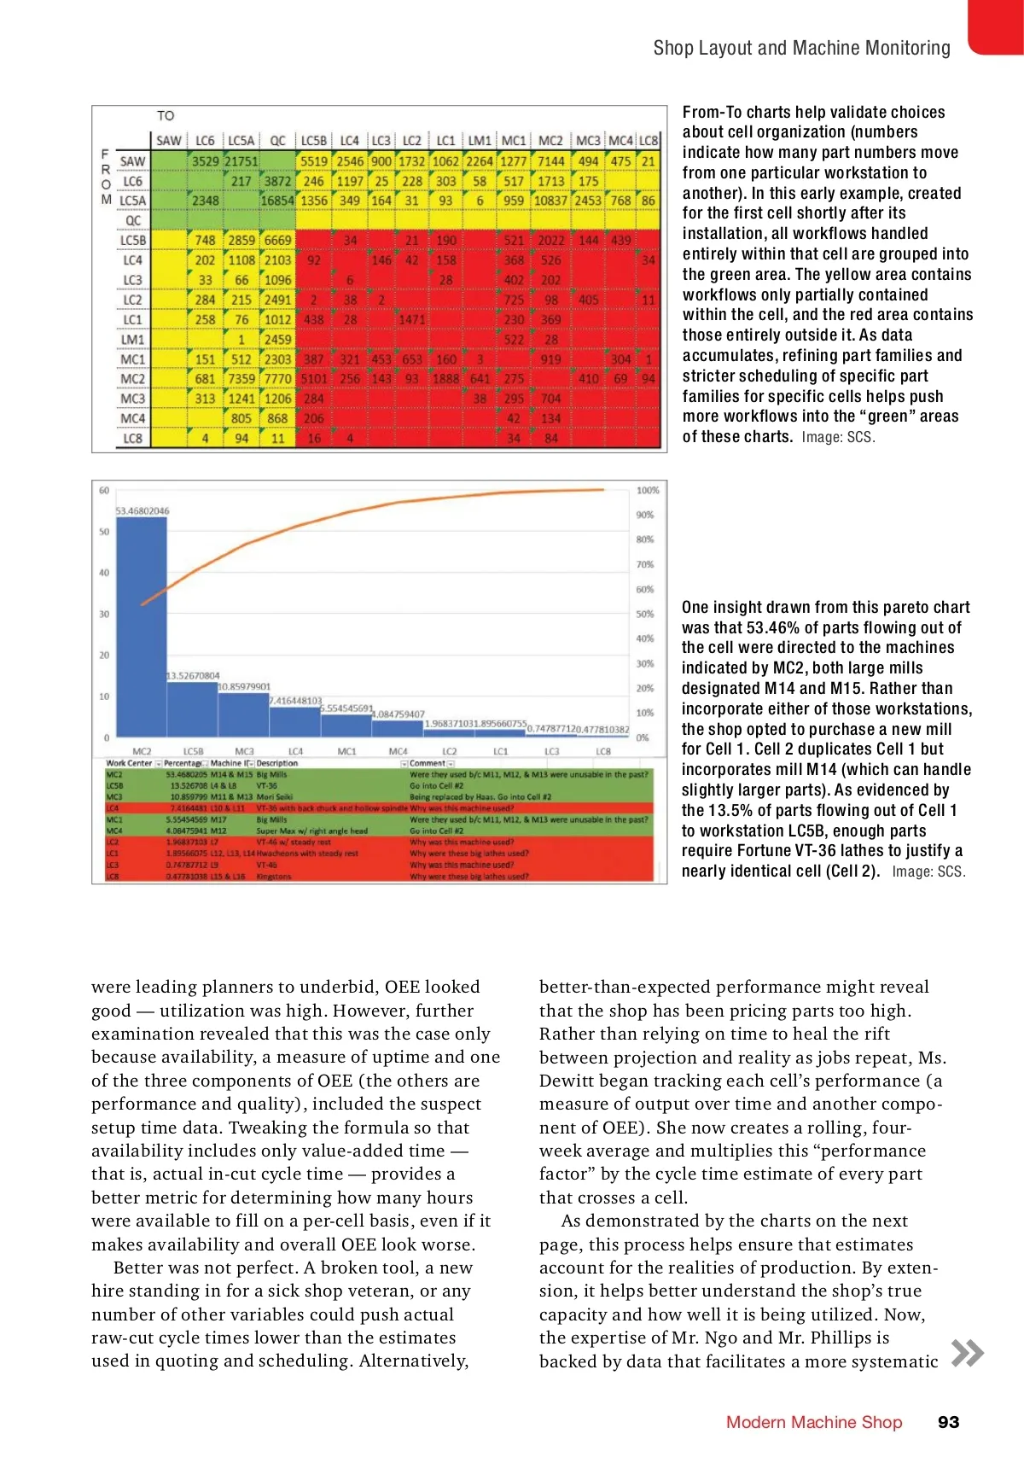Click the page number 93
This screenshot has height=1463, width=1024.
pos(948,1422)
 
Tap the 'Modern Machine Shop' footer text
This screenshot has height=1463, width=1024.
pos(813,1422)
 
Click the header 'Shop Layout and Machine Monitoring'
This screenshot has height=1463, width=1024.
pos(801,48)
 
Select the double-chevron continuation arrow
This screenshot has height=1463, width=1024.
pos(967,1353)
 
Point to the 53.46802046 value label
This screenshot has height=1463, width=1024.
pos(143,510)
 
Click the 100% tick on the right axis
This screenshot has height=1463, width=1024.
pos(648,491)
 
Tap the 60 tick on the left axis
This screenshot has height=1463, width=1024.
pos(104,491)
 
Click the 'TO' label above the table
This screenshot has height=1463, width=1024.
pos(166,115)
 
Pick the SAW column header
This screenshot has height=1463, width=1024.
pos(169,141)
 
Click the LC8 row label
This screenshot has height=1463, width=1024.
pos(132,439)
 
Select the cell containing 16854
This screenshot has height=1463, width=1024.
pos(277,201)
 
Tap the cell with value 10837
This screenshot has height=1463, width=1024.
pos(550,201)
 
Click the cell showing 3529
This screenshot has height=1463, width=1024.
pos(205,161)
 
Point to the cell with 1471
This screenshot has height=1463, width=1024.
pos(411,319)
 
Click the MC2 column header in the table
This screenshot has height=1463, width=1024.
pos(550,141)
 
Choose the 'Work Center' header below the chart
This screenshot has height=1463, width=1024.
pos(129,763)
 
